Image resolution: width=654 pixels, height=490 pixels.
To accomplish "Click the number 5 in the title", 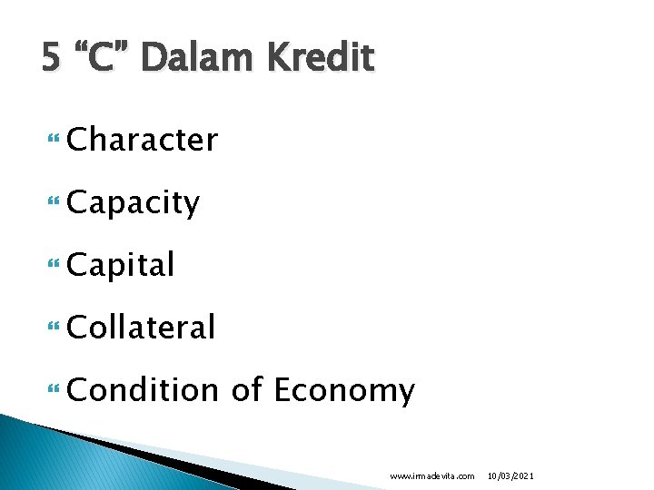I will click(x=52, y=59).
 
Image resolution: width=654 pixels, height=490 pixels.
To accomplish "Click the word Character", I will click(x=143, y=141).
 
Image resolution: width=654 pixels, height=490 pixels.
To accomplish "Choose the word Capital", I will click(x=121, y=265).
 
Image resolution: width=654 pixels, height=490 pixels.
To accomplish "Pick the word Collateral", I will click(x=141, y=327).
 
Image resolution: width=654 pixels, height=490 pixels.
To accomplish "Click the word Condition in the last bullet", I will click(x=143, y=390).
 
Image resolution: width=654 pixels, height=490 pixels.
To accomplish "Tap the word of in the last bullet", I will click(x=247, y=390).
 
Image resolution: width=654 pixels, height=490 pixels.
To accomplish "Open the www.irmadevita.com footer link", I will click(x=431, y=475).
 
